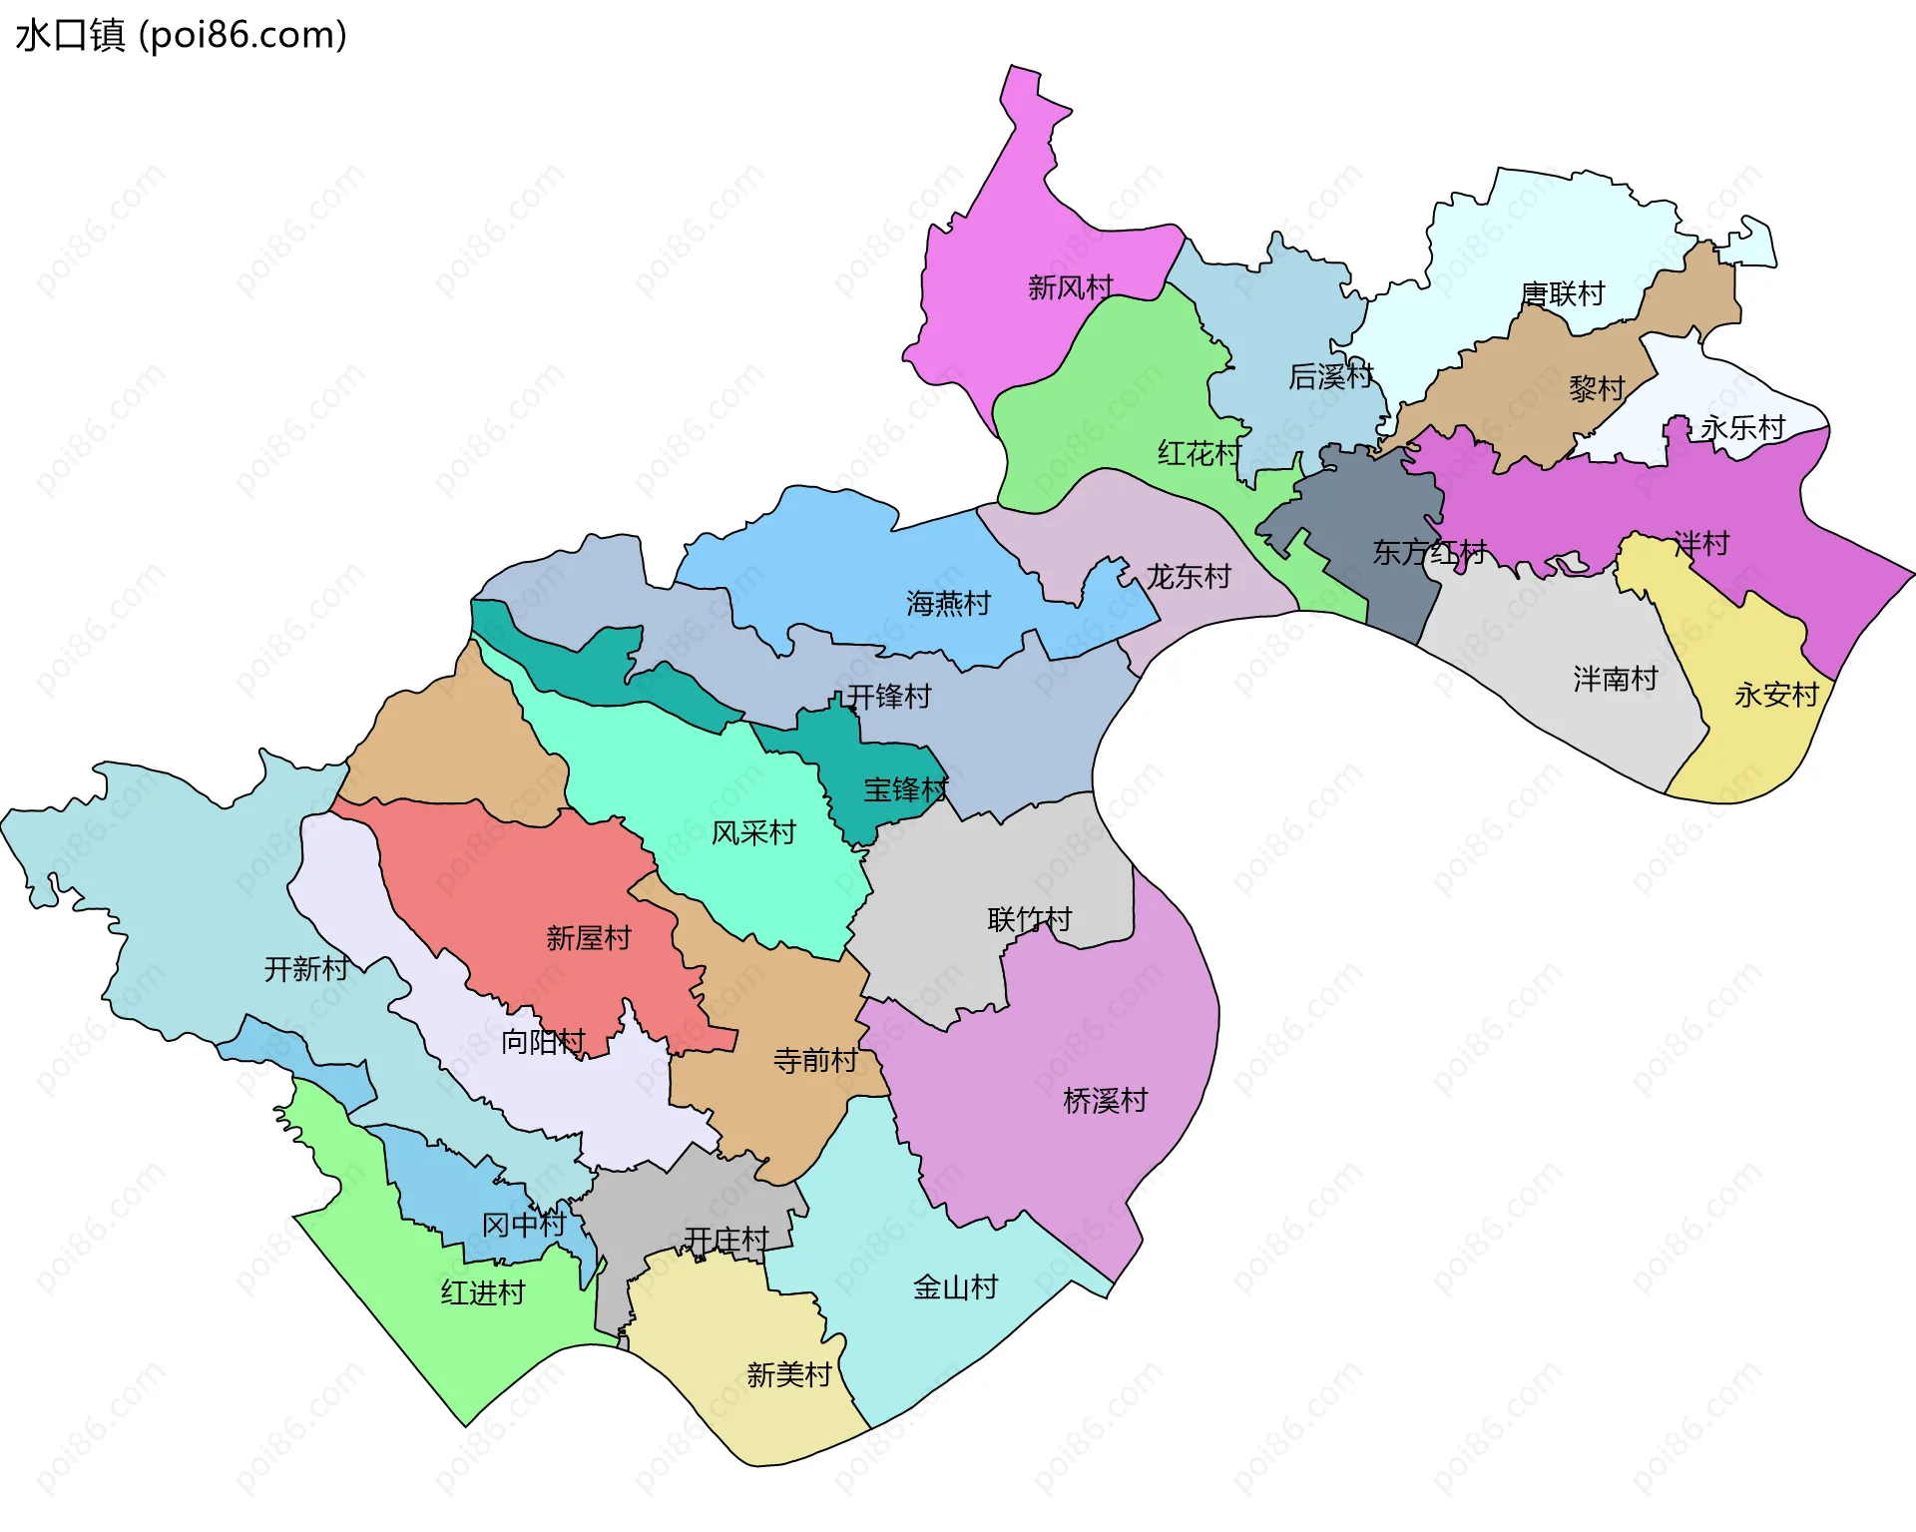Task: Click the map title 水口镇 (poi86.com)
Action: [x=181, y=35]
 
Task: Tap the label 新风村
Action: [x=1070, y=287]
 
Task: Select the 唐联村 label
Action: [x=1563, y=293]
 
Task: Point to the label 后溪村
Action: [x=1331, y=376]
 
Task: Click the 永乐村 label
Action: [x=1742, y=427]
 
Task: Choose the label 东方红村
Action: [x=1429, y=552]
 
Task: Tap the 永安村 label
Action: [x=1776, y=695]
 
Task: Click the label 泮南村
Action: [x=1615, y=679]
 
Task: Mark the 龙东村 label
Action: [x=1188, y=576]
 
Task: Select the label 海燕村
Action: [x=948, y=603]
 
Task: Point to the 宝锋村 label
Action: [x=905, y=789]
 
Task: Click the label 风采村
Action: [x=753, y=832]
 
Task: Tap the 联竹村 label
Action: [x=1029, y=919]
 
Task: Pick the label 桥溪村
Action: [x=1105, y=1100]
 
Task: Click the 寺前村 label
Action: [x=815, y=1060]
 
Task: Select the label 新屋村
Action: [x=589, y=937]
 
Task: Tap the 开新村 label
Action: [x=306, y=968]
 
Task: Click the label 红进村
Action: [x=483, y=1292]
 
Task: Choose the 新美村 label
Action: [x=788, y=1374]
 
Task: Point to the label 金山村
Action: [x=955, y=1287]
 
